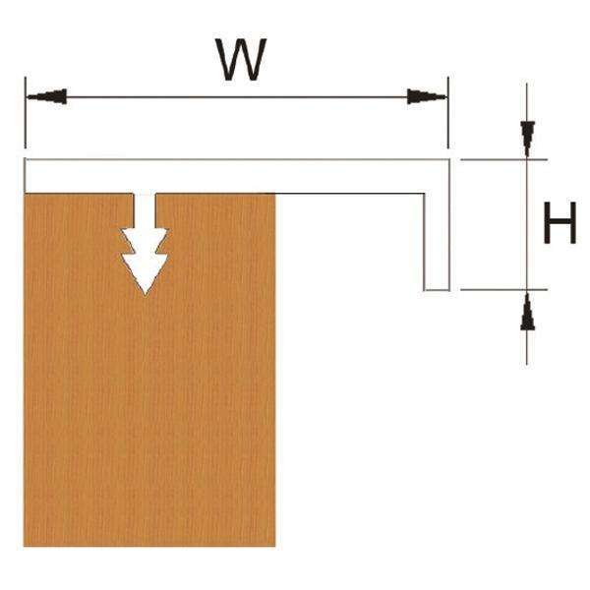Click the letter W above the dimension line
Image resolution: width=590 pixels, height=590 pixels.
click(x=240, y=61)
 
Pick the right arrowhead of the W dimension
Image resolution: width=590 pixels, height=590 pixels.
click(x=426, y=96)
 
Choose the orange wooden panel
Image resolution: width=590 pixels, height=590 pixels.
click(x=147, y=413)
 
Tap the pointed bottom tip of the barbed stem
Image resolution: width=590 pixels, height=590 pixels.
click(x=145, y=292)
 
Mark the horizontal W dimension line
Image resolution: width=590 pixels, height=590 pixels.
click(x=236, y=96)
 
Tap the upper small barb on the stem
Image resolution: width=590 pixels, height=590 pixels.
click(x=145, y=236)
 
